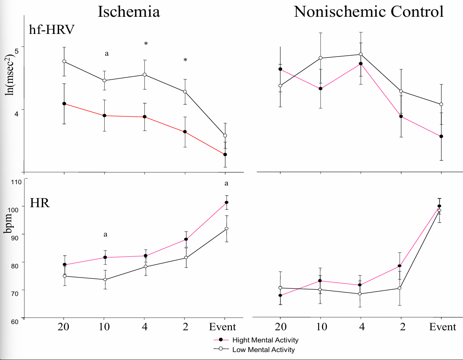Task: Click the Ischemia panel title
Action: tap(129, 11)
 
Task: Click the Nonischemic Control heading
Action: tap(368, 11)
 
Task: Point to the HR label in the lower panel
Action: tap(40, 205)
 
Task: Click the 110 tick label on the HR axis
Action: tap(15, 182)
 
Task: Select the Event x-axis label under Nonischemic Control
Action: tap(442, 327)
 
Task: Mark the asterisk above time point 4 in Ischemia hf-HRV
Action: tap(146, 44)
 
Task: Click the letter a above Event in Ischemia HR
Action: tap(226, 183)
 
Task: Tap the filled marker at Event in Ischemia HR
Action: tap(226, 203)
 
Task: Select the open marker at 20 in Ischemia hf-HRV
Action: tap(64, 62)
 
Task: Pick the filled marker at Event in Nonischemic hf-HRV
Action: tap(441, 136)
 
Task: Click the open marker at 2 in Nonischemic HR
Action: tap(400, 288)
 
